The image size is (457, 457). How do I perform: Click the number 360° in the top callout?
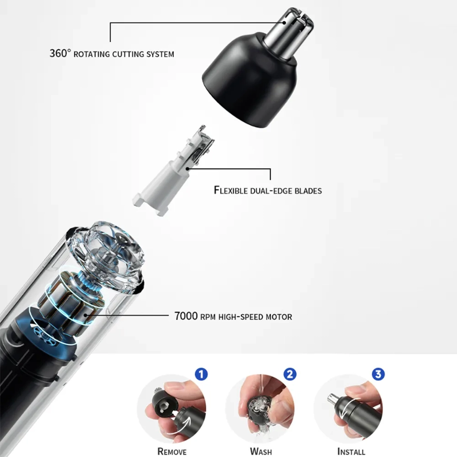coord(60,53)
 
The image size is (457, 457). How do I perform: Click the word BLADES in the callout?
coord(308,191)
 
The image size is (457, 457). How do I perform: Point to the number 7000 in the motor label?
coord(186,316)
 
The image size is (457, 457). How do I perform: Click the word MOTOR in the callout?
coord(279,317)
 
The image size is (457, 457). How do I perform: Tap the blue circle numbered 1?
coord(201,374)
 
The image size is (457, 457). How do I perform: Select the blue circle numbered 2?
coord(290,374)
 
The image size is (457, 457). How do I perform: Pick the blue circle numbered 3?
coord(378,374)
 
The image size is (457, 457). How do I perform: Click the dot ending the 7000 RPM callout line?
coord(86,315)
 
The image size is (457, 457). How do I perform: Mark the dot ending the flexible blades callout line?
coord(188,169)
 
